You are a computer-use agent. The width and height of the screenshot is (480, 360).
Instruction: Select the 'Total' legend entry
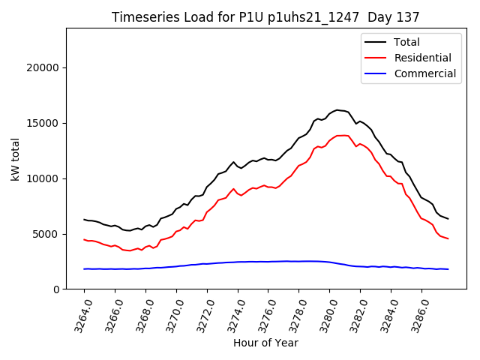click(406, 42)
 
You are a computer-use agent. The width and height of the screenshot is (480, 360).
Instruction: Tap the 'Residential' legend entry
click(422, 58)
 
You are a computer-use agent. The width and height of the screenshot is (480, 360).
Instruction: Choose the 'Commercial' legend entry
click(424, 73)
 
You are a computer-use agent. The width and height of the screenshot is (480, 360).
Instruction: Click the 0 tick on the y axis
click(56, 289)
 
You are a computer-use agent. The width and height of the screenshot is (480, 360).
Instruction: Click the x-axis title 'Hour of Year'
click(265, 343)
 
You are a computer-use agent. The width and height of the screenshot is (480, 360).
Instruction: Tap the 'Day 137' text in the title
click(395, 16)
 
